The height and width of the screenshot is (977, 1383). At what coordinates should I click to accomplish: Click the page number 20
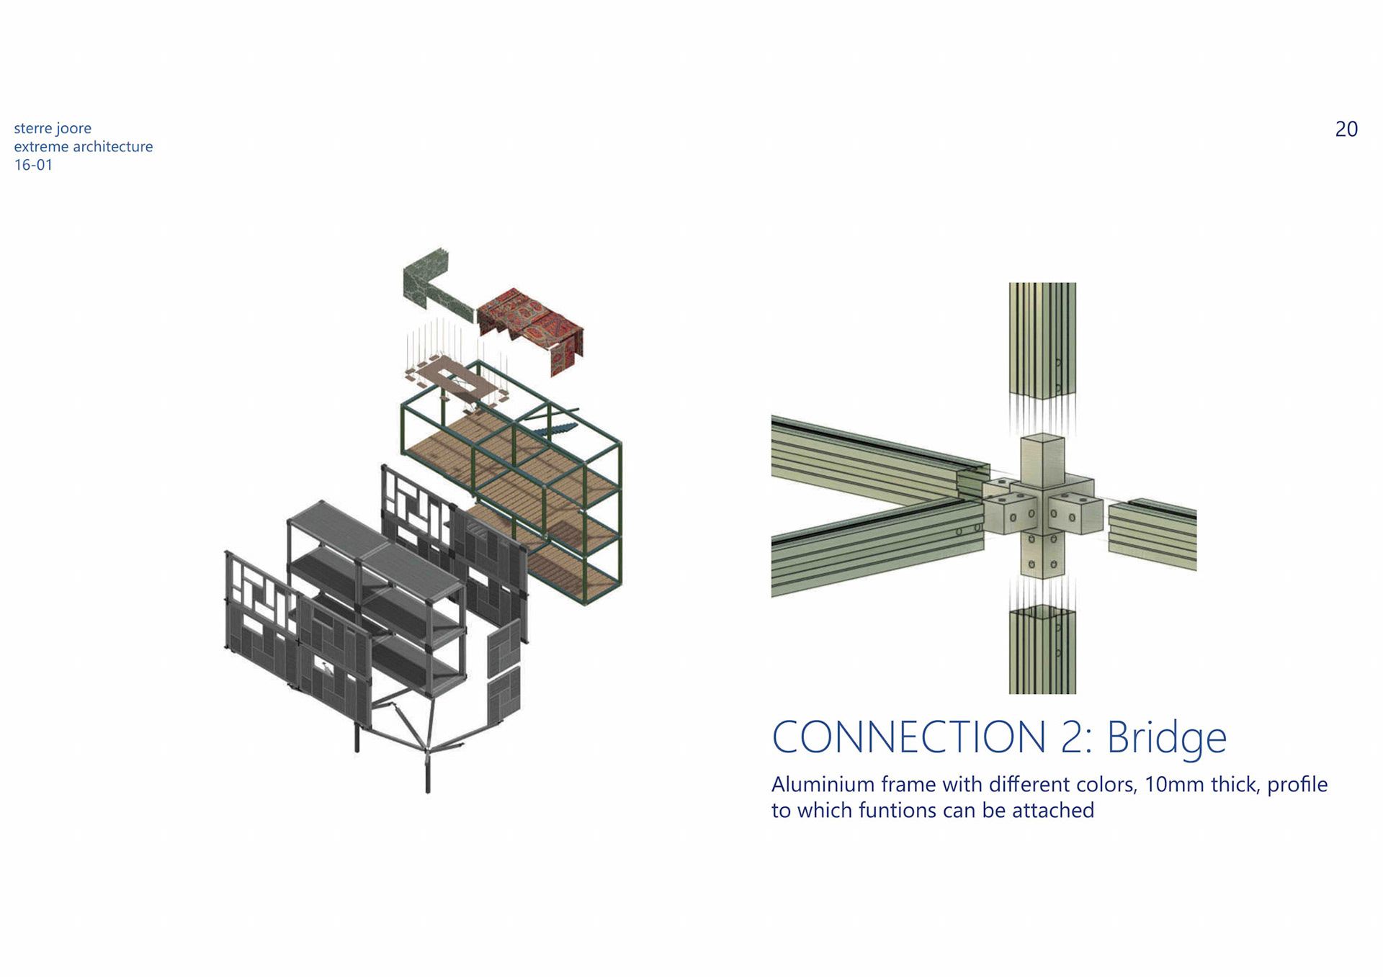1346,129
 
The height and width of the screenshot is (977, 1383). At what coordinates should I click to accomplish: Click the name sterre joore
53,128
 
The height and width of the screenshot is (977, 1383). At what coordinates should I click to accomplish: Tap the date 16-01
33,165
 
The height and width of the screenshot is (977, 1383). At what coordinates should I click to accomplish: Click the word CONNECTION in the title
908,737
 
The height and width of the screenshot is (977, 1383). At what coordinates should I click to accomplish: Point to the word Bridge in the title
1166,737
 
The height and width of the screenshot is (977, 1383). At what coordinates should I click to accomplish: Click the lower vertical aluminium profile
1042,652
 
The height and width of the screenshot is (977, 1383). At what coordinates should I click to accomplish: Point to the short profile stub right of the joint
1152,533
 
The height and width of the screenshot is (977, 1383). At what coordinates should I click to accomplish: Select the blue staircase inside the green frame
555,428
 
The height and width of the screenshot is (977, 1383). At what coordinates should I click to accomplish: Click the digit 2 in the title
1073,737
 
